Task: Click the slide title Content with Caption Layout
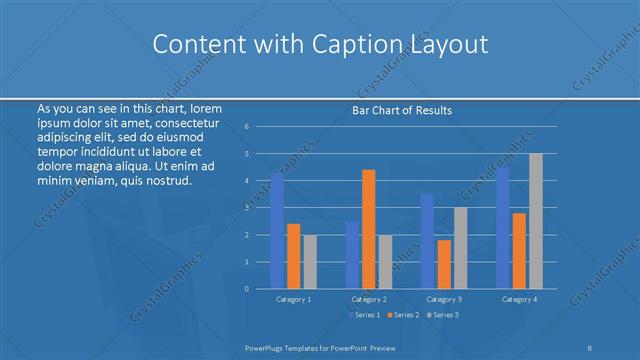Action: point(319,44)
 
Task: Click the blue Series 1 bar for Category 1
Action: point(277,230)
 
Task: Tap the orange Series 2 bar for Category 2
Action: point(368,229)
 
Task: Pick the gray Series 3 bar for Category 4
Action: point(536,221)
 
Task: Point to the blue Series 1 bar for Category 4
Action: point(503,227)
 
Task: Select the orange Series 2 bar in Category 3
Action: point(444,264)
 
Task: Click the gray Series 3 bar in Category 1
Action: point(309,261)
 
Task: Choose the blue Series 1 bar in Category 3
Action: point(427,241)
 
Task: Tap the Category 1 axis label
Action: point(293,299)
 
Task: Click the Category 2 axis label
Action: point(368,299)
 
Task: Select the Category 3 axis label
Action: point(444,299)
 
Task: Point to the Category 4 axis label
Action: point(519,299)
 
